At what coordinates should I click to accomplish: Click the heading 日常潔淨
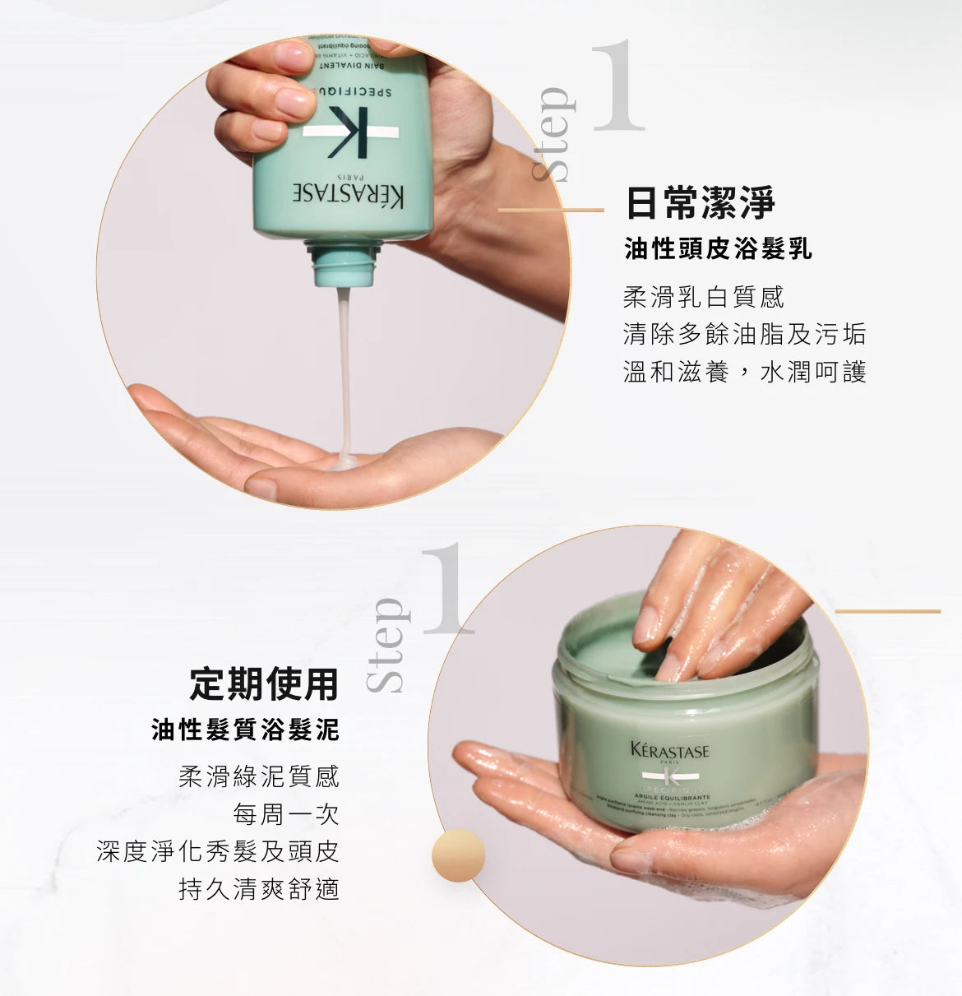(x=700, y=203)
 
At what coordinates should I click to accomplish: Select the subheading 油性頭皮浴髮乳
(x=718, y=249)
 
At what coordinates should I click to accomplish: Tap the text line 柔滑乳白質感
(x=704, y=296)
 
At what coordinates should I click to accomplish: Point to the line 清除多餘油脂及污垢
(x=744, y=334)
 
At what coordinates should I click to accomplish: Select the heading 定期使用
(x=264, y=683)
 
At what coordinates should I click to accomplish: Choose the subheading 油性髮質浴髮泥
(x=245, y=730)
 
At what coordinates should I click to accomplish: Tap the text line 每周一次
(x=285, y=814)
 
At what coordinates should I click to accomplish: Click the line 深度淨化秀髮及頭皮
(x=218, y=851)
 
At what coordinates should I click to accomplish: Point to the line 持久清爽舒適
(x=258, y=889)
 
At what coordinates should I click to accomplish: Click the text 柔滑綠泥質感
(x=258, y=776)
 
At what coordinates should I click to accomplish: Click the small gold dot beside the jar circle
(x=458, y=855)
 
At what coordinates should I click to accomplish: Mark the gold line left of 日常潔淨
(x=551, y=211)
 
